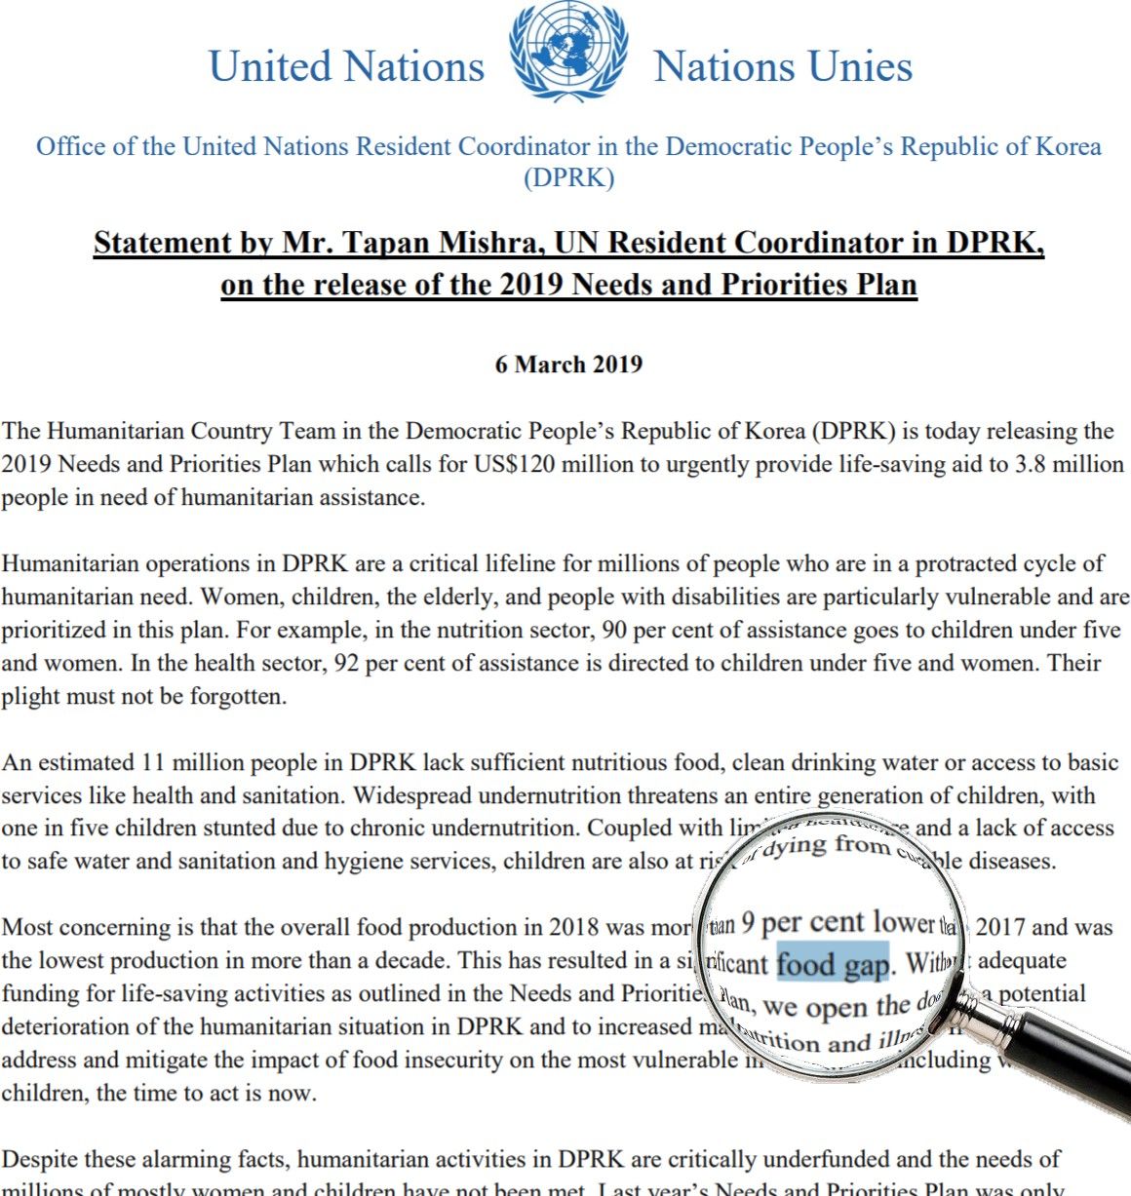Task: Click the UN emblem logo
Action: pyautogui.click(x=568, y=53)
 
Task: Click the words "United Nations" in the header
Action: pyautogui.click(x=346, y=67)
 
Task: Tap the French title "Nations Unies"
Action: pyautogui.click(x=783, y=67)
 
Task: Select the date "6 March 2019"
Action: pyautogui.click(x=568, y=365)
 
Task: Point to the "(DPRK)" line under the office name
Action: pyautogui.click(x=568, y=178)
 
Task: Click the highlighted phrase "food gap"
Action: pyautogui.click(x=833, y=964)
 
